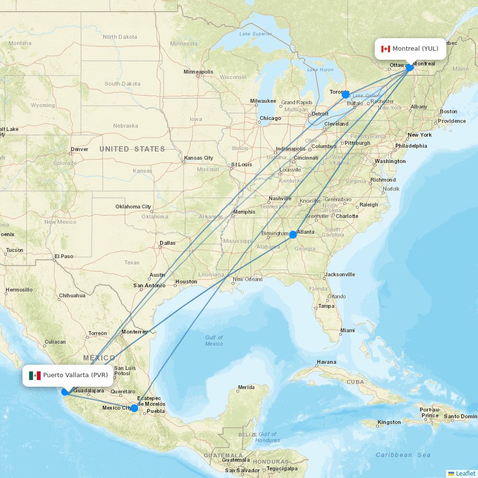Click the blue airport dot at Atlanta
(293, 235)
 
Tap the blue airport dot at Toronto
(346, 95)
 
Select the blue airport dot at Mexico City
(134, 408)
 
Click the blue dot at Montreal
(410, 67)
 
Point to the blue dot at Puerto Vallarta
(65, 392)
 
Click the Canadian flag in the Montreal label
(386, 49)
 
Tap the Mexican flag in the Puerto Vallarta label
(35, 375)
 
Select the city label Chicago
(270, 118)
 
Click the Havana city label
(326, 362)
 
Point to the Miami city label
(348, 330)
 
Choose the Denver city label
(79, 149)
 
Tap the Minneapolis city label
(198, 72)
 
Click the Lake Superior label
(255, 34)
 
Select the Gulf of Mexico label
(214, 341)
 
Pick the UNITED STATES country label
(132, 149)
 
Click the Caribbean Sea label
(403, 455)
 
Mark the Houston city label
(186, 282)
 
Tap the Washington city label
(390, 161)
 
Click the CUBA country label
(355, 382)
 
